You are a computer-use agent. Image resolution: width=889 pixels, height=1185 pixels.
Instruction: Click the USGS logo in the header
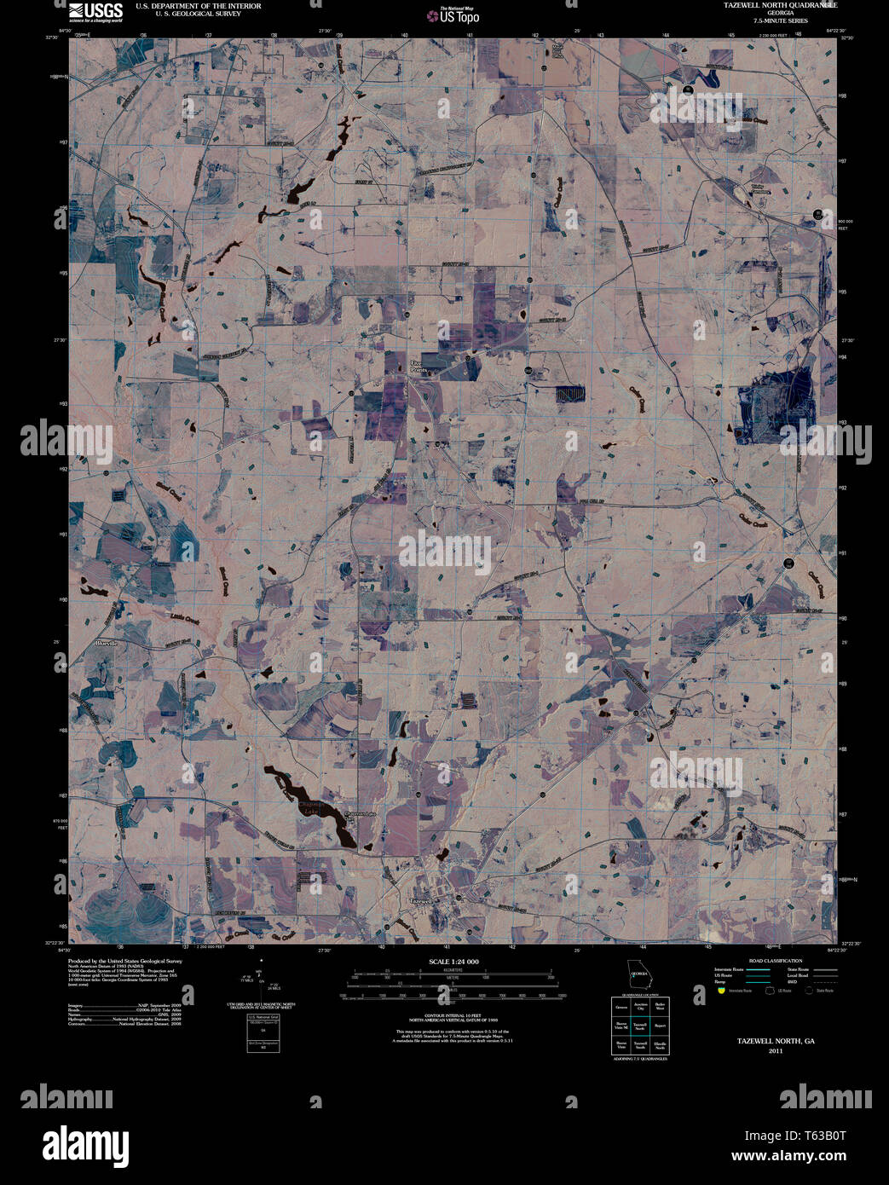[95, 10]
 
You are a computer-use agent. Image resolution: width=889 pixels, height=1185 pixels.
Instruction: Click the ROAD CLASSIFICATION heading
[775, 961]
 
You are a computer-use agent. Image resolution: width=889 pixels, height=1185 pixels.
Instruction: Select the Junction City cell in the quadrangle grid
[639, 1008]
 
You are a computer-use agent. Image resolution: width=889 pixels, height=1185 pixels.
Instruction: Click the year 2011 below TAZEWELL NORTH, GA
[775, 1051]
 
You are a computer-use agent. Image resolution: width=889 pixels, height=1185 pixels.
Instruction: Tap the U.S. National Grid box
[263, 1033]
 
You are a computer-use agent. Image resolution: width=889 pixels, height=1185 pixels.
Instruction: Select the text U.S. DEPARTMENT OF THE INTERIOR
[198, 6]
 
